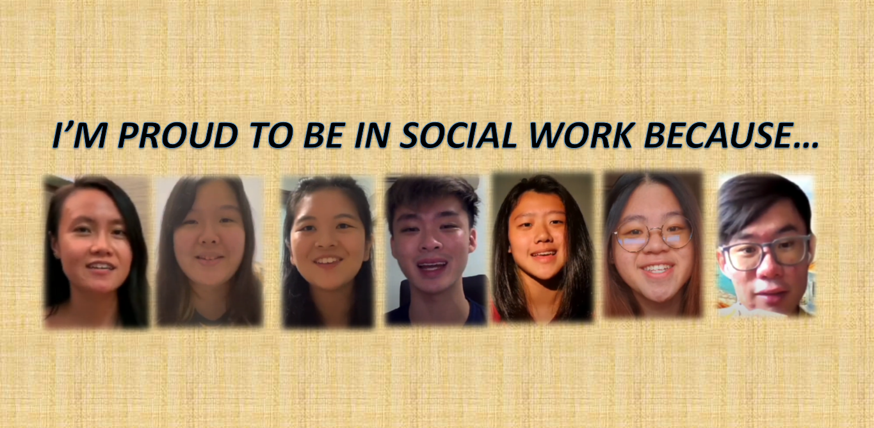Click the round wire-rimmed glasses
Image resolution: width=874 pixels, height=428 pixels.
point(652,235)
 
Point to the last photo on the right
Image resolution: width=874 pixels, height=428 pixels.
point(766,246)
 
